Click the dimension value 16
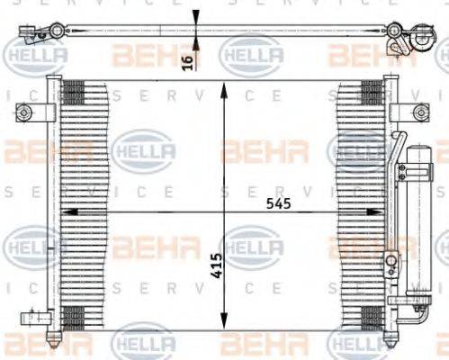(185, 61)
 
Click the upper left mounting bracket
(24, 112)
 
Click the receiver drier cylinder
(418, 225)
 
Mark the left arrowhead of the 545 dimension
(65, 212)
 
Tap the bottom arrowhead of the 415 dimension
(222, 326)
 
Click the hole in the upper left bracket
(23, 112)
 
